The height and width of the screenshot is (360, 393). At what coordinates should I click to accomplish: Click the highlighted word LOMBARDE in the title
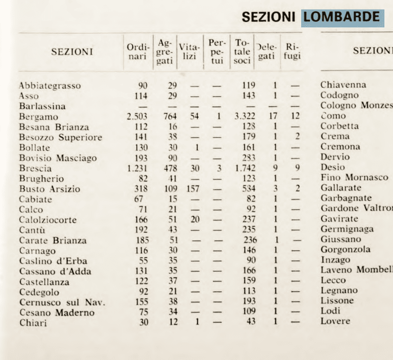pyautogui.click(x=342, y=17)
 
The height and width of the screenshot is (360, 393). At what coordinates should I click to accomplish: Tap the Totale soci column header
pyautogui.click(x=242, y=51)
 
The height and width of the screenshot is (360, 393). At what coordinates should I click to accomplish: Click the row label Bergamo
pyautogui.click(x=39, y=117)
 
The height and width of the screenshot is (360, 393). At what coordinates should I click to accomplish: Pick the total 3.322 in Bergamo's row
pyautogui.click(x=245, y=117)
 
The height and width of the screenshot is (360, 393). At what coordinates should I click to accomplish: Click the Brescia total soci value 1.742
pyautogui.click(x=245, y=168)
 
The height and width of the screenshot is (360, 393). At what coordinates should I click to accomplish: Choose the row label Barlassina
pyautogui.click(x=42, y=106)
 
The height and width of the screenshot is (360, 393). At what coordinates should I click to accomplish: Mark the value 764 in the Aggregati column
pyautogui.click(x=170, y=117)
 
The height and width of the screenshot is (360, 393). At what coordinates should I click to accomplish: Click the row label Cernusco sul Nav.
pyautogui.click(x=62, y=303)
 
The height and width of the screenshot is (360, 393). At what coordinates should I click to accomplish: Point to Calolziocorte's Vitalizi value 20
pyautogui.click(x=195, y=220)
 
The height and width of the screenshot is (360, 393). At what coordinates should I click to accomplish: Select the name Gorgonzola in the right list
pyautogui.click(x=345, y=249)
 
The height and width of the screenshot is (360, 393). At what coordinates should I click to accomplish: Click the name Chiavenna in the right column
pyautogui.click(x=343, y=85)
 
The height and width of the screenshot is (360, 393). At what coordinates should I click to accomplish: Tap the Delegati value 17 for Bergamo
pyautogui.click(x=273, y=117)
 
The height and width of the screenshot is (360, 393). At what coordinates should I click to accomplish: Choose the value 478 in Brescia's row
pyautogui.click(x=170, y=168)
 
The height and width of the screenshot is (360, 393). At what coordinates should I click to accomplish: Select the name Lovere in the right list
pyautogui.click(x=336, y=321)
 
